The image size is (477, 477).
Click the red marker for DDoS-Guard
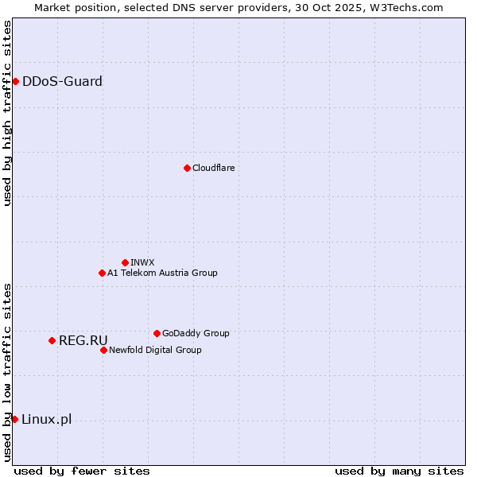(x=15, y=81)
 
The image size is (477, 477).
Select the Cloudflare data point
(x=187, y=168)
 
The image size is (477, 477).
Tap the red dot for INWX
(x=125, y=262)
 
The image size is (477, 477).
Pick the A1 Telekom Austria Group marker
(x=102, y=273)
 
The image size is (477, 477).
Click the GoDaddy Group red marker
(x=157, y=333)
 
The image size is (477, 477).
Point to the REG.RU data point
(x=52, y=340)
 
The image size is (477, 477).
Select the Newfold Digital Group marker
(x=103, y=350)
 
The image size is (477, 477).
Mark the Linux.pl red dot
(x=14, y=419)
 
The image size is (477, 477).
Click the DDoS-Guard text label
(x=62, y=81)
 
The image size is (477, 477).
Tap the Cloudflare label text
(x=213, y=168)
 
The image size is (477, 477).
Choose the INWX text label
(x=142, y=262)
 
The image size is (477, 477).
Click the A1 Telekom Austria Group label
(x=162, y=273)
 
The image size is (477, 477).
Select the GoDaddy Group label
(x=196, y=333)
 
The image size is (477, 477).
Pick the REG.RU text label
(x=83, y=340)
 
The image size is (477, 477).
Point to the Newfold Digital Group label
(x=155, y=350)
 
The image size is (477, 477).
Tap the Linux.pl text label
(x=46, y=419)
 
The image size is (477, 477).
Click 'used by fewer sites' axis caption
(x=82, y=471)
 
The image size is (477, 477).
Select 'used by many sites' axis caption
(x=399, y=471)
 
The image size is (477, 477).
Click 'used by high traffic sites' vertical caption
(x=8, y=113)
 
